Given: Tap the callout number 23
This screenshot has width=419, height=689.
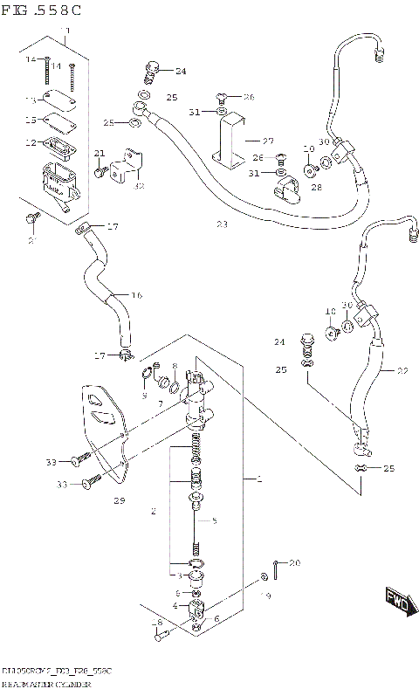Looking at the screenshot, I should (222, 224).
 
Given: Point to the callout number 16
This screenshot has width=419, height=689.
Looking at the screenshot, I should (135, 295).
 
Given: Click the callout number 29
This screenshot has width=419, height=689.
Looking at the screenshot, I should (119, 500).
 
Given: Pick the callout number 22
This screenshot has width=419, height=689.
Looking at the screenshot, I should (402, 371).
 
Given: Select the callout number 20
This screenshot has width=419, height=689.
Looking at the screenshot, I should (294, 562).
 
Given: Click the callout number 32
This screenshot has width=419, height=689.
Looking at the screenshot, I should (140, 184).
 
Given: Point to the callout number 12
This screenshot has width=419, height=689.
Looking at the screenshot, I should (30, 142).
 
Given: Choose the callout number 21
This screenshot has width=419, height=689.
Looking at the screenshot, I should (100, 154).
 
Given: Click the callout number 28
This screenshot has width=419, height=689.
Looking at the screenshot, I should (315, 187).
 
